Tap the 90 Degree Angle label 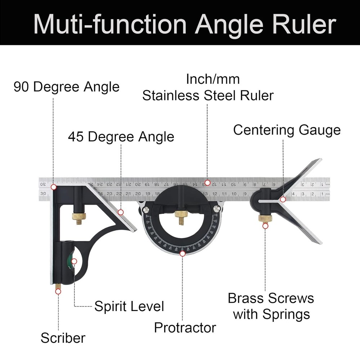point(66,87)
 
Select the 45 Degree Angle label point(121,137)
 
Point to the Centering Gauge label point(287,130)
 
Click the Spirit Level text point(129,306)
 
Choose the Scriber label point(63,338)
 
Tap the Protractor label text point(185,328)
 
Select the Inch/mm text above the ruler point(212,79)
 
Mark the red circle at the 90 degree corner point(54,187)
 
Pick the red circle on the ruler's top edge point(207,183)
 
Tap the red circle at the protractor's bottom point(183,253)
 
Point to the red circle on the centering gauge point(283,199)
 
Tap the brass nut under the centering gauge point(265,218)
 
